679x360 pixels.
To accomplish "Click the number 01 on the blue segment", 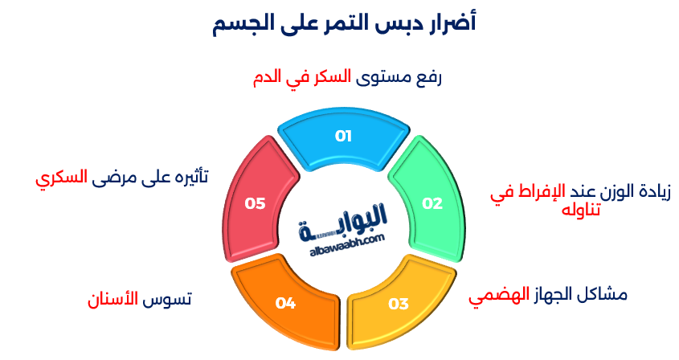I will click(344, 136).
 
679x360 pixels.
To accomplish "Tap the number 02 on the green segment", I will click(432, 203).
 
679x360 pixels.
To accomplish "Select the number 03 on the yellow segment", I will click(399, 303).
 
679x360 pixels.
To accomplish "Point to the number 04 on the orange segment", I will click(285, 303).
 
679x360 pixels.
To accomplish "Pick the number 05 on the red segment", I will click(256, 203).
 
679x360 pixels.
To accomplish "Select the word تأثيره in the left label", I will click(186, 178).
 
